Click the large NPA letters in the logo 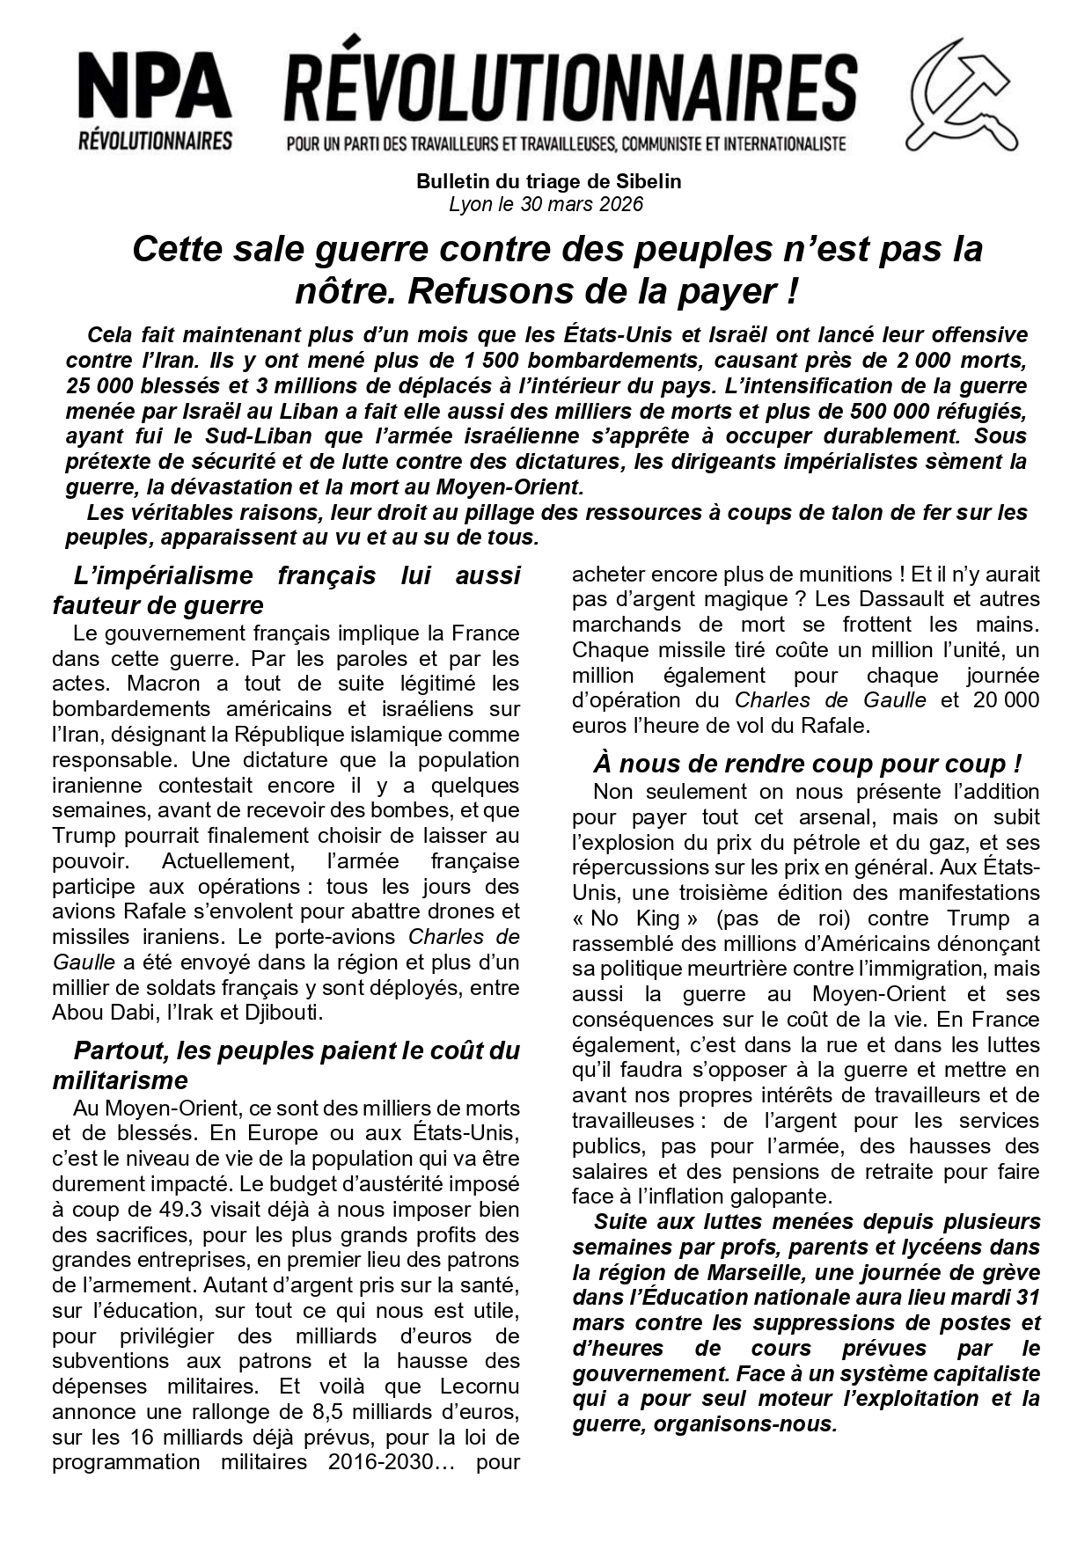155,88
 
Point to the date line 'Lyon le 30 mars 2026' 546,205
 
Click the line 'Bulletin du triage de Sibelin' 548,182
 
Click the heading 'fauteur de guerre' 158,605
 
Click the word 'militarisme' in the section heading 121,1080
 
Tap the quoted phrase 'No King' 635,919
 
